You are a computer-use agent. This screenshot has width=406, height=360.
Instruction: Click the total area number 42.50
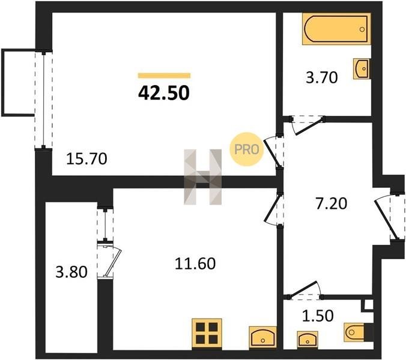[164, 93]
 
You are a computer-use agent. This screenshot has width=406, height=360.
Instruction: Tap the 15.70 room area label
[86, 159]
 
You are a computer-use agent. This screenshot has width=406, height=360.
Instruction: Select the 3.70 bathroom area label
[321, 77]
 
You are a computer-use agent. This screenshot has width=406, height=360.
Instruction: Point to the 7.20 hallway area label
[331, 203]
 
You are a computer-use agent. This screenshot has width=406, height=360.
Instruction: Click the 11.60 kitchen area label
[195, 264]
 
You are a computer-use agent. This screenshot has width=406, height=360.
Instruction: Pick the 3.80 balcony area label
[71, 272]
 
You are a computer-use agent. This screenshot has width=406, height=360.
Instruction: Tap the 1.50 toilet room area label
[318, 316]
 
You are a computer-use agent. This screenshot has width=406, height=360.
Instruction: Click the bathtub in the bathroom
[336, 29]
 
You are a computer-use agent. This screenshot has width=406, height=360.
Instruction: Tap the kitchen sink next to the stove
[262, 337]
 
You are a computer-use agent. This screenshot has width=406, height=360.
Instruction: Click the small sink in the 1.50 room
[308, 339]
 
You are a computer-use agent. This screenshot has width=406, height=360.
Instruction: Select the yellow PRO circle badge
[246, 149]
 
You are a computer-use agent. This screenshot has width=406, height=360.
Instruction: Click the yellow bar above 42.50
[164, 76]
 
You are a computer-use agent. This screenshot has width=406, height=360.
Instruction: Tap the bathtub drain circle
[362, 29]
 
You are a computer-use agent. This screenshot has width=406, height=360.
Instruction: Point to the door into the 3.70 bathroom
[308, 125]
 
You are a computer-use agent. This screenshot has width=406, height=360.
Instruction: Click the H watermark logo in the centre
[203, 177]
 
